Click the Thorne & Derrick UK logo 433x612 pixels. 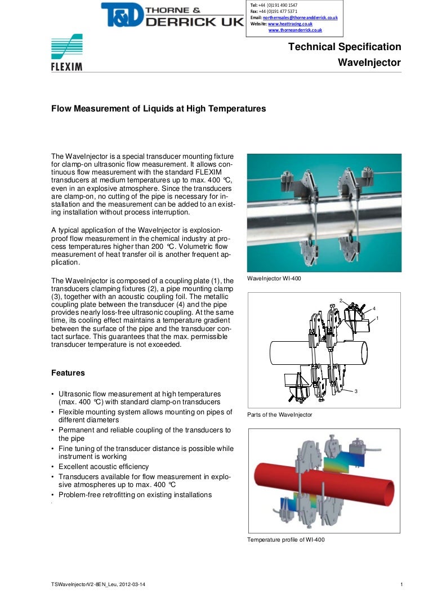[172, 15]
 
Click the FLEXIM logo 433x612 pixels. [67, 53]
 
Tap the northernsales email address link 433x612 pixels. [300, 18]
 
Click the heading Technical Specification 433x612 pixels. [345, 47]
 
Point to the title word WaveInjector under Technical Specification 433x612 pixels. [369, 62]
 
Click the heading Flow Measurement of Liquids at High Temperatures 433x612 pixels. [158, 109]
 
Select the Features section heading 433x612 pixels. [68, 373]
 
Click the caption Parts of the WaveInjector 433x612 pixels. [279, 415]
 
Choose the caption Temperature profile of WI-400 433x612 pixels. [285, 539]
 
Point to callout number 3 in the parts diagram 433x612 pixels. [356, 391]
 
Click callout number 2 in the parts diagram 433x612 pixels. [341, 300]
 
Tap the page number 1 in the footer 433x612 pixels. [401, 586]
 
